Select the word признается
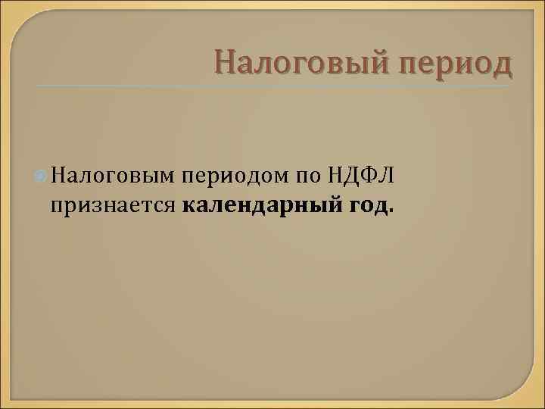pyautogui.click(x=114, y=205)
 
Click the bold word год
pyautogui.click(x=370, y=205)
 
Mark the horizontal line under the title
pyautogui.click(x=272, y=85)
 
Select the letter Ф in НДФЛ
pyautogui.click(x=369, y=177)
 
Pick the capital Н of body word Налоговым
pyautogui.click(x=60, y=176)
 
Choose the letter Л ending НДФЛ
pyautogui.click(x=386, y=177)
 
